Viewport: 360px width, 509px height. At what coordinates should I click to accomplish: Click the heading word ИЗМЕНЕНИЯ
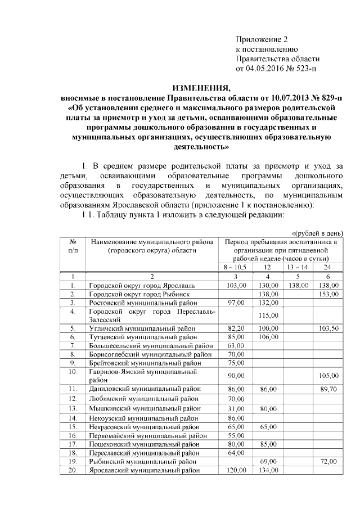tap(201, 88)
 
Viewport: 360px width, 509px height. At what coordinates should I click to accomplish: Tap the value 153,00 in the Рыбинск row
tap(327, 294)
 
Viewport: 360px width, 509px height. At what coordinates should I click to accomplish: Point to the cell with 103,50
tap(327, 328)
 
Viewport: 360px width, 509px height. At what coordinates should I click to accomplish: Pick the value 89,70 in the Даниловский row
tap(327, 389)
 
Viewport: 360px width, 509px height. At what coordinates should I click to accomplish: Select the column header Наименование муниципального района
tap(152, 242)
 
